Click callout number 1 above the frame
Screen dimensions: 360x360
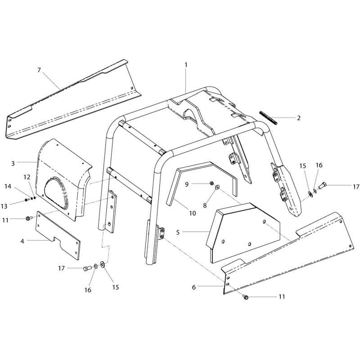(186, 65)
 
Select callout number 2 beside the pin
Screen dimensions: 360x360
(298, 118)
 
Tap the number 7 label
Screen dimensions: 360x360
(39, 70)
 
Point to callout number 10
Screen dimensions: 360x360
(193, 213)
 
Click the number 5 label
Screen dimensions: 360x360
(178, 232)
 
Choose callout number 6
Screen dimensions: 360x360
(194, 287)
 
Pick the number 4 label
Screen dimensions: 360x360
(22, 241)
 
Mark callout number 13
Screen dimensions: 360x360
(4, 206)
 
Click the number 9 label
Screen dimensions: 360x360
(187, 184)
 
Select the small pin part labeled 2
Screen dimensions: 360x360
(268, 118)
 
